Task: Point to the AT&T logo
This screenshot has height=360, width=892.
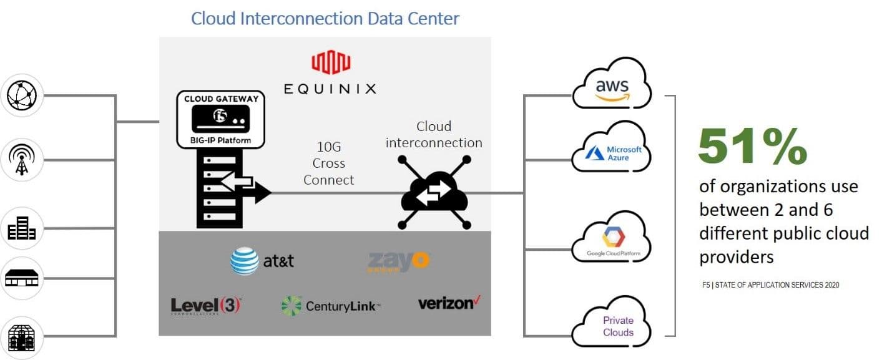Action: tap(262, 261)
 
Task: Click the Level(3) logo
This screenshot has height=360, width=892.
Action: tap(205, 306)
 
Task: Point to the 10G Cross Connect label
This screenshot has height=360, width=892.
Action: tap(329, 164)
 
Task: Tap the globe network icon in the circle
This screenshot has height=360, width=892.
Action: tap(22, 95)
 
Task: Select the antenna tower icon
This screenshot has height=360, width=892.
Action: tap(22, 160)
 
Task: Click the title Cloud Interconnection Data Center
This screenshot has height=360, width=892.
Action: tap(325, 18)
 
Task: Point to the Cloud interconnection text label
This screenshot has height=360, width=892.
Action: tap(434, 135)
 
